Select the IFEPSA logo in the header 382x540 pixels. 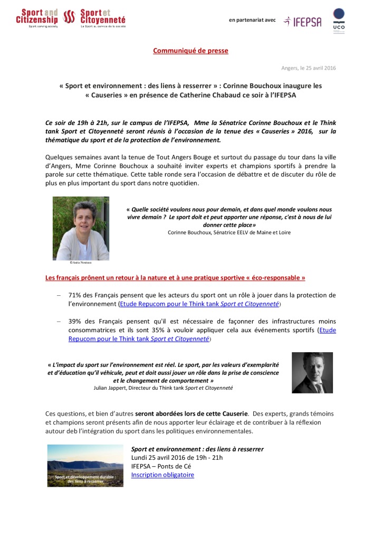click(302, 21)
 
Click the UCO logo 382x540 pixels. click(339, 21)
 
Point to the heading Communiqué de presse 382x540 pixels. click(190, 51)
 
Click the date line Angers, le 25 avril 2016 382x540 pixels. click(308, 68)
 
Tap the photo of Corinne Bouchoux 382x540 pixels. click(81, 228)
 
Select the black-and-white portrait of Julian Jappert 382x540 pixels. click(312, 372)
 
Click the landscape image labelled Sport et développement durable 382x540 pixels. click(85, 465)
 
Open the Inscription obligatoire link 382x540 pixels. click(163, 475)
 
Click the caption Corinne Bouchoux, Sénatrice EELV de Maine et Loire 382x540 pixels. click(229, 232)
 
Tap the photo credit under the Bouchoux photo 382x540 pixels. click(81, 262)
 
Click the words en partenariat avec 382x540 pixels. click(252, 20)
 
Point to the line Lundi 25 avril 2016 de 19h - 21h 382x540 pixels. click(177, 457)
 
